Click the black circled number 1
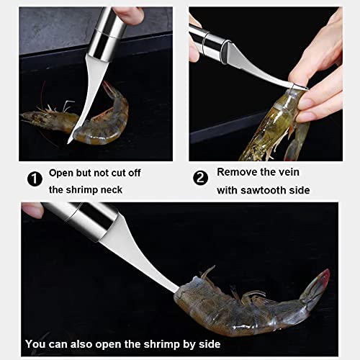35,179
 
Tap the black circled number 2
200,178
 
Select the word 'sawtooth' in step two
264,190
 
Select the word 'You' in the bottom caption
34,344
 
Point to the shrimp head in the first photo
49,120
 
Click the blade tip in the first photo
68,143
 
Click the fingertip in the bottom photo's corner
32,210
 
